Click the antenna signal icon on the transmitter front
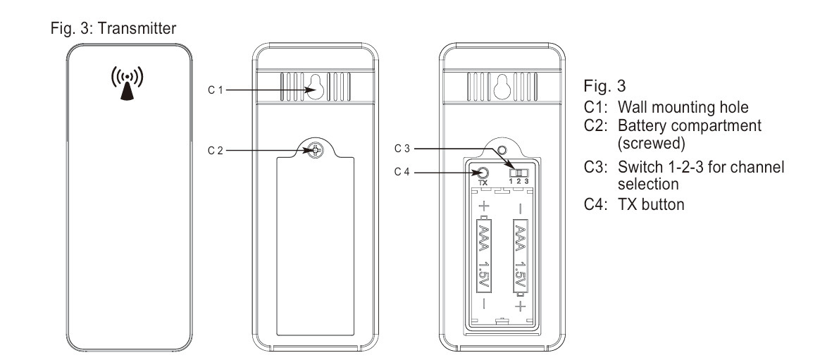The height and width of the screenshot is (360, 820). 127,83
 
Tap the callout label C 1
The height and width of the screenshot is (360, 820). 216,90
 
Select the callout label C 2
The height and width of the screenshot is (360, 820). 216,151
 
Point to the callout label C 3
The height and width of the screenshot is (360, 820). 402,149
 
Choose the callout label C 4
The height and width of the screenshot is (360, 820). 402,172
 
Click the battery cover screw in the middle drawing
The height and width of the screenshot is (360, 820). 316,151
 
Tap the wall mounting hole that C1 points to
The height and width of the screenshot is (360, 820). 315,87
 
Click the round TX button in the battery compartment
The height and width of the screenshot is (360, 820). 483,173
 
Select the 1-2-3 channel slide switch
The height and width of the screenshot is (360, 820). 518,173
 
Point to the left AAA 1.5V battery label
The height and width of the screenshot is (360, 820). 484,255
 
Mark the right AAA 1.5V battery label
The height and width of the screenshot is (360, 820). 520,255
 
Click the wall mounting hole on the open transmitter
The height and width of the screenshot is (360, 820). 502,87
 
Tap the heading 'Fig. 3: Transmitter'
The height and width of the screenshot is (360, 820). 113,28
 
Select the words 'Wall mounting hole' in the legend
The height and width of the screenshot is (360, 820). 683,107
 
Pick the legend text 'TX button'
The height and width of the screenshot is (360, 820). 651,204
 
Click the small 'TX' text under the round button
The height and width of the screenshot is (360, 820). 483,183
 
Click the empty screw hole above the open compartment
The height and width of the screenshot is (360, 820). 502,150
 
